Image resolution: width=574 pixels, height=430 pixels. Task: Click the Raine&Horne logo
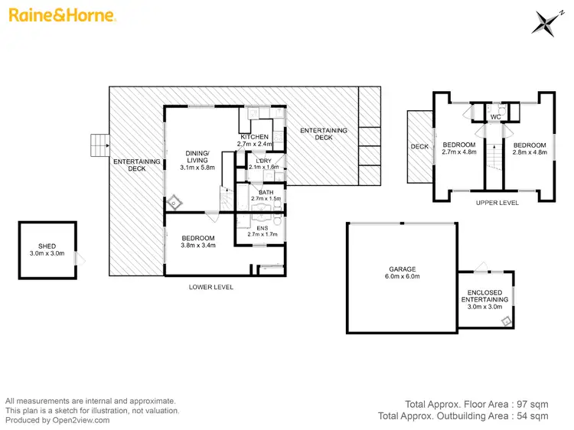click(x=62, y=15)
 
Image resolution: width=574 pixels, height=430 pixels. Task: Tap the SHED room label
click(x=47, y=245)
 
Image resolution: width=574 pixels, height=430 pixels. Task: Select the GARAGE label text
click(x=401, y=269)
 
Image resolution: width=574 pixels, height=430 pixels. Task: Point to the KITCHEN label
click(x=254, y=136)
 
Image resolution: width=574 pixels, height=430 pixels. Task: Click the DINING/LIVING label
click(x=197, y=156)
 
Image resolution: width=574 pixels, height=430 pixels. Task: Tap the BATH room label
click(x=266, y=192)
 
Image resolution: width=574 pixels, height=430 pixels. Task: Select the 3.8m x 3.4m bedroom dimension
click(x=198, y=246)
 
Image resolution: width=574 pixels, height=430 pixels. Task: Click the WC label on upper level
click(x=494, y=117)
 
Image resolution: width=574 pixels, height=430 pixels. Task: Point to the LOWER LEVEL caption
click(x=210, y=287)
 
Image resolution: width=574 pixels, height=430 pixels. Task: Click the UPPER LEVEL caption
click(x=497, y=203)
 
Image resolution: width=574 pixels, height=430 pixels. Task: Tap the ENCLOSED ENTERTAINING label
click(x=484, y=295)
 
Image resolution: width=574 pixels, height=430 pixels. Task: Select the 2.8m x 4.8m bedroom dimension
click(x=530, y=152)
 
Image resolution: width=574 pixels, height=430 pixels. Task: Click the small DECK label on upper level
click(x=419, y=146)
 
